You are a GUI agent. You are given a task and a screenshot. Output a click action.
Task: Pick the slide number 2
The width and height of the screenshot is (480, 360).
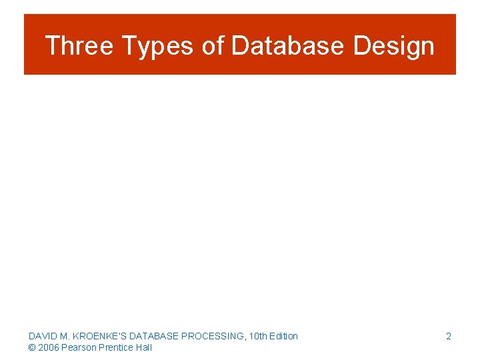449,336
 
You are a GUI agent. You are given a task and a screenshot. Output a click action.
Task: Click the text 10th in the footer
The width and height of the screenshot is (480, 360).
257,336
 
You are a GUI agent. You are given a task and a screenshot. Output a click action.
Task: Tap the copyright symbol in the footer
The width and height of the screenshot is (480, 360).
32,347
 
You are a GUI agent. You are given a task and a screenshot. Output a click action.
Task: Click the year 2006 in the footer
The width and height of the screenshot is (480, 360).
48,347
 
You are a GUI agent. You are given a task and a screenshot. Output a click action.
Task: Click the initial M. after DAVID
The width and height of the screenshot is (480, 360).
65,336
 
